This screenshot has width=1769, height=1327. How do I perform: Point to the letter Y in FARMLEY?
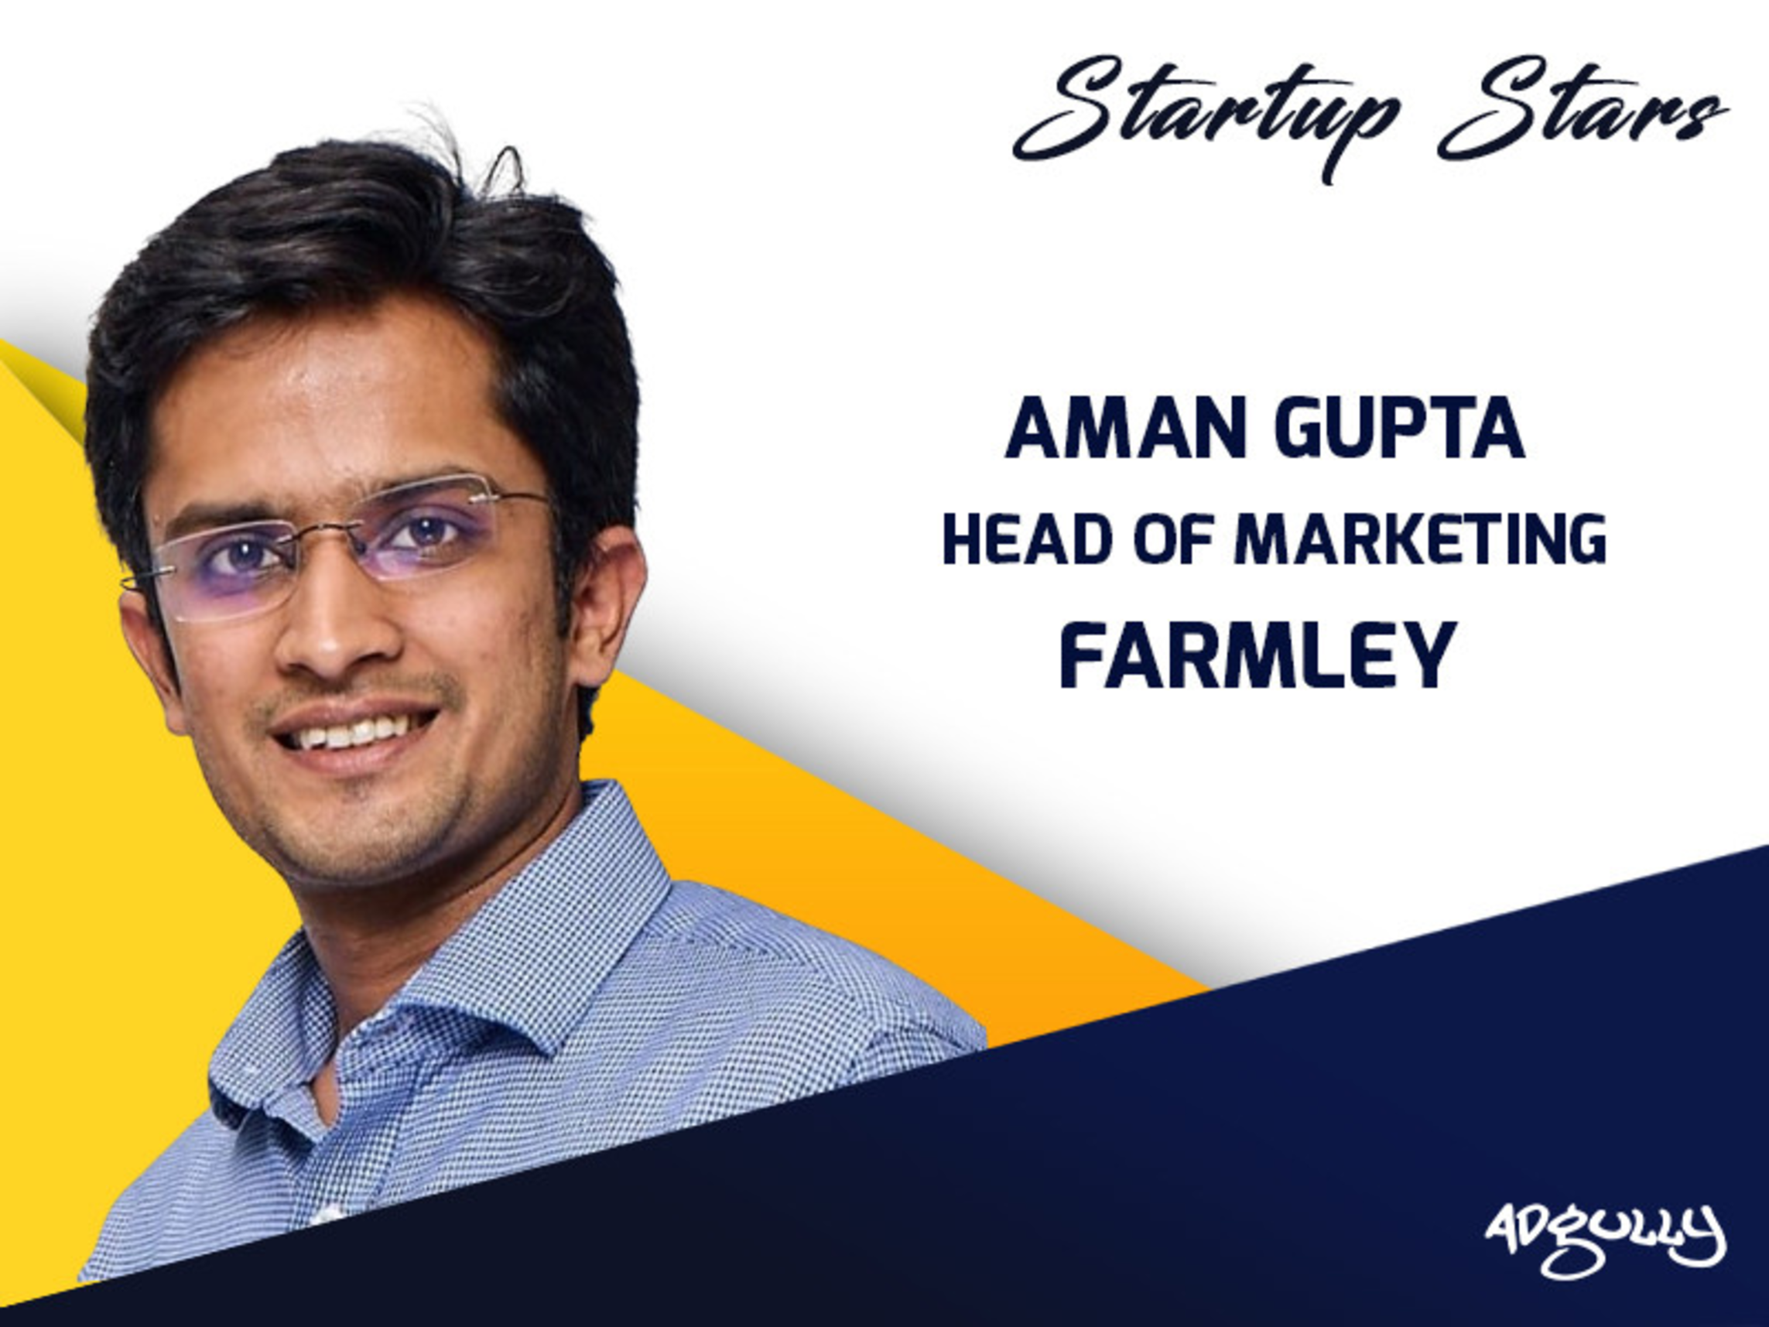1425,656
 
